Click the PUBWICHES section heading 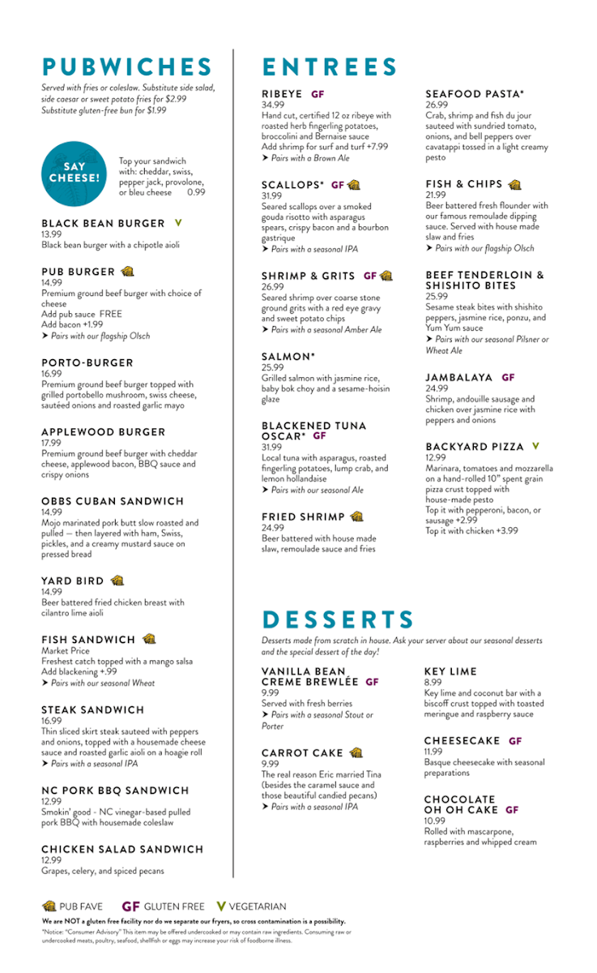point(127,67)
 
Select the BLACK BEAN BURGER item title point(103,223)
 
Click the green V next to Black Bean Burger point(178,223)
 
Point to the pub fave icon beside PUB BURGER point(127,272)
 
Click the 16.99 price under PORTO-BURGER point(52,374)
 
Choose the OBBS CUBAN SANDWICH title point(113,501)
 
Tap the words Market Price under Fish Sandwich point(66,651)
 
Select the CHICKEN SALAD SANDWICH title point(122,849)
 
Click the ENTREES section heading point(330,67)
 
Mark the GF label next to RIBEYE point(318,94)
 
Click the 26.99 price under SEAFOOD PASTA point(437,105)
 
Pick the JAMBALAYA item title point(459,377)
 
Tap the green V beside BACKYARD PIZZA point(535,447)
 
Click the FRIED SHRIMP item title point(303,517)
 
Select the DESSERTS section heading point(338,620)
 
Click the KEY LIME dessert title point(451,671)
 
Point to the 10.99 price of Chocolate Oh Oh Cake point(435,821)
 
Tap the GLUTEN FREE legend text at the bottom point(176,907)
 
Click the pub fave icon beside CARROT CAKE point(356,753)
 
